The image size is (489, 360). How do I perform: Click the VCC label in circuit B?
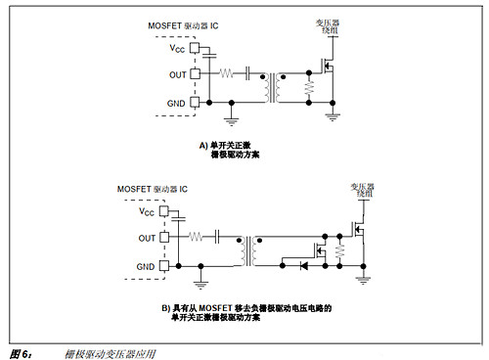click(x=147, y=211)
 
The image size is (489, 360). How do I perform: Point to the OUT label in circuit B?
click(x=147, y=237)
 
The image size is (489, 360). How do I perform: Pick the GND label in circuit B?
click(x=147, y=265)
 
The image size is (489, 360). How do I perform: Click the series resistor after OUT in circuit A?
click(x=227, y=72)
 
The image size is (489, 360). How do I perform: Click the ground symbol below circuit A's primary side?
click(x=231, y=120)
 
